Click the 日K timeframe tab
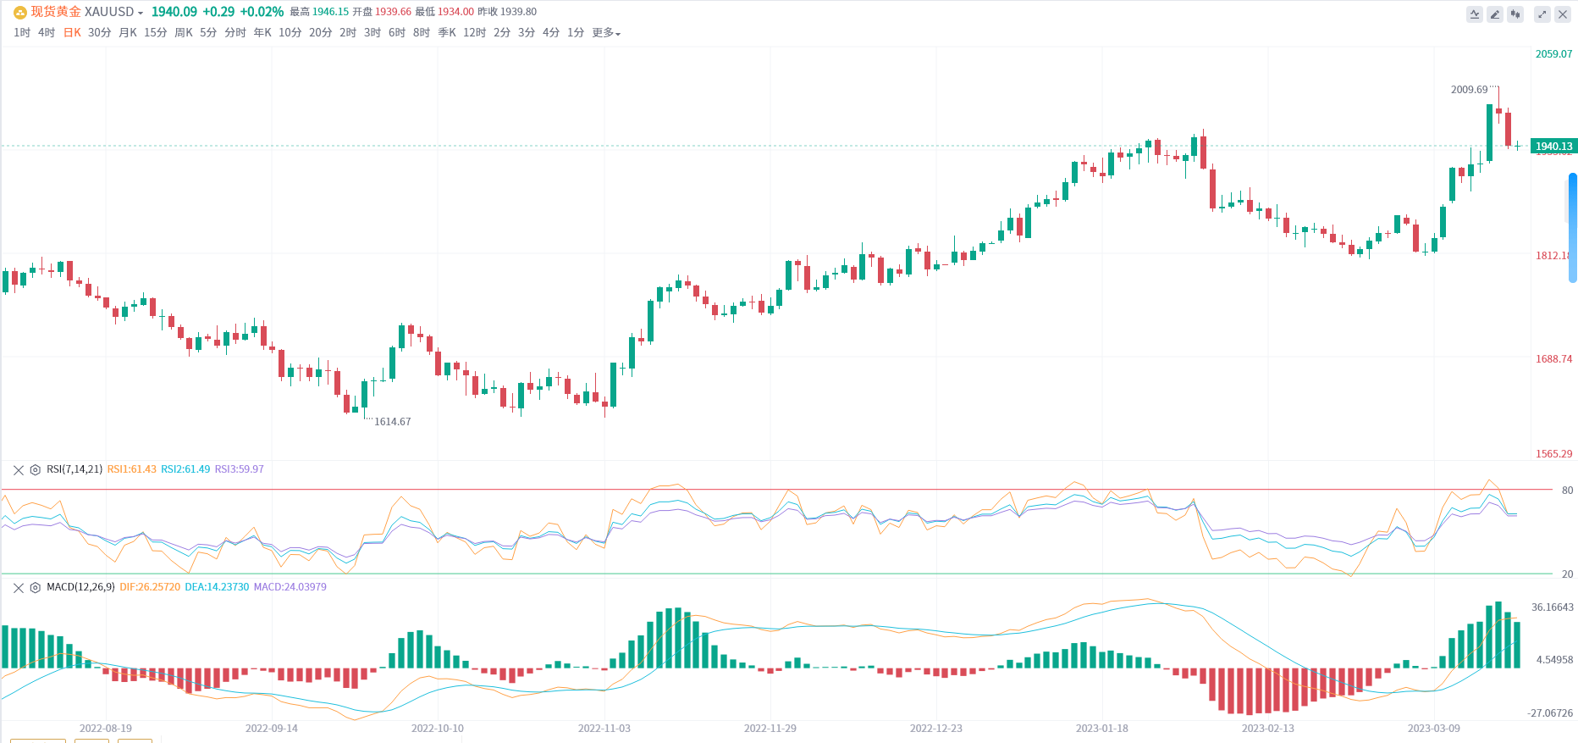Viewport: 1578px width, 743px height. [x=72, y=33]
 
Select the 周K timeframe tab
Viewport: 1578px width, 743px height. [x=183, y=33]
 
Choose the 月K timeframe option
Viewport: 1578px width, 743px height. [x=128, y=33]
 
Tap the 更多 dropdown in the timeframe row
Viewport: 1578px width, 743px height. [x=605, y=33]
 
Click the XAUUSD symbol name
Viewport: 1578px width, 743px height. [x=109, y=12]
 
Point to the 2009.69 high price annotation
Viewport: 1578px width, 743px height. [x=1469, y=90]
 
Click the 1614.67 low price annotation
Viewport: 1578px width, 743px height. [x=392, y=422]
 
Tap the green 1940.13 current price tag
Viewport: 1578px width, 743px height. [x=1553, y=147]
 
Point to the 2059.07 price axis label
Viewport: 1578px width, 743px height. [x=1553, y=54]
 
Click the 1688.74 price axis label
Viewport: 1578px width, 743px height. [x=1553, y=359]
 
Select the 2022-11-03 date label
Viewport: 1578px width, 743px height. [x=604, y=729]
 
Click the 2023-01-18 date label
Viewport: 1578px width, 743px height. [x=1101, y=729]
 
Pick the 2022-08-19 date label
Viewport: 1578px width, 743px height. [x=106, y=729]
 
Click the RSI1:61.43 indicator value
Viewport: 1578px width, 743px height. [x=131, y=469]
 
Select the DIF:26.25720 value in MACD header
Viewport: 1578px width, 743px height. [x=150, y=587]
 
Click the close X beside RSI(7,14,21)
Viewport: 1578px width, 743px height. [x=19, y=469]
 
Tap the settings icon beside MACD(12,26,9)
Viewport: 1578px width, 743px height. [x=36, y=587]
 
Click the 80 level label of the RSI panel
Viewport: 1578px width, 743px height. [x=1567, y=491]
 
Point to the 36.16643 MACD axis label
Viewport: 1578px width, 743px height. [x=1552, y=607]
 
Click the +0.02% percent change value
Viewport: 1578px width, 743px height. [x=262, y=12]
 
